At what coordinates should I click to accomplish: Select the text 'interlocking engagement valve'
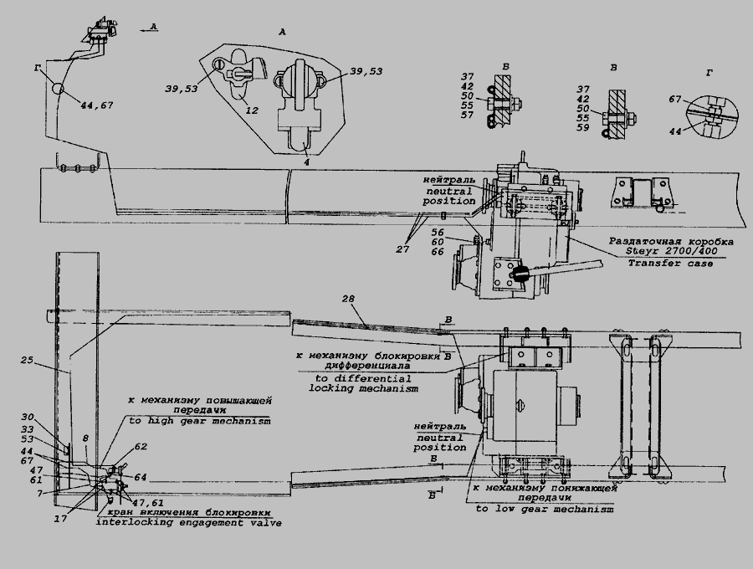[188, 523]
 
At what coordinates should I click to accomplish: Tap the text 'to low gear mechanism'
[544, 508]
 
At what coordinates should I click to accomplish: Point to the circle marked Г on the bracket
[55, 89]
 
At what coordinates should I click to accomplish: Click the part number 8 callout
[85, 438]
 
